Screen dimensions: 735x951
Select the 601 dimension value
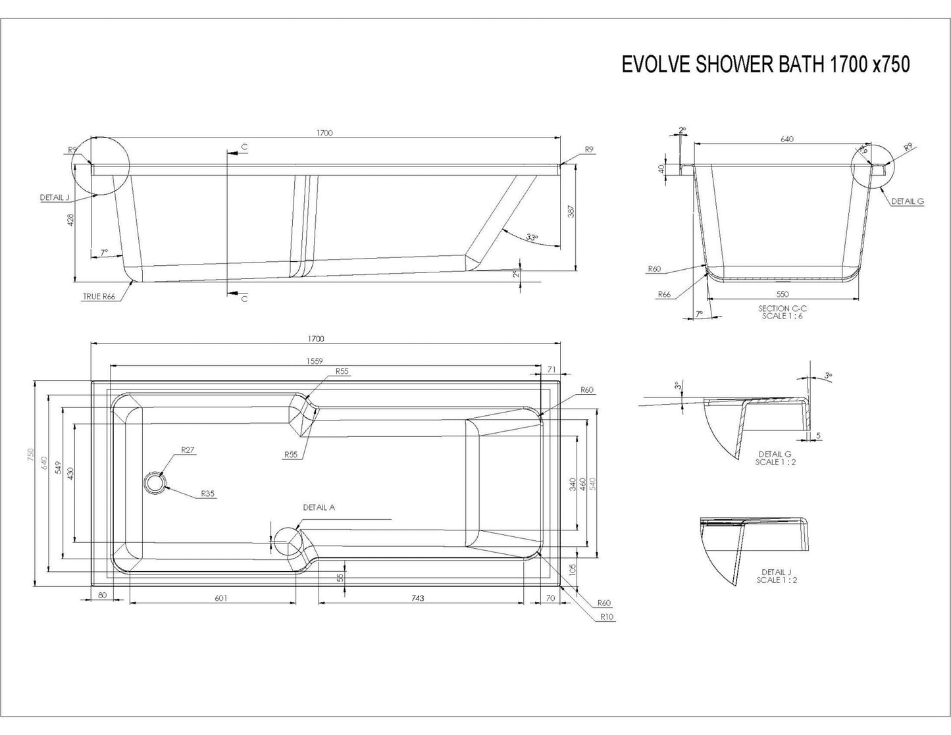(220, 598)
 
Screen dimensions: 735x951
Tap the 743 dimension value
(417, 598)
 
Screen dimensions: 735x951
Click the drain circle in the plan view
(156, 482)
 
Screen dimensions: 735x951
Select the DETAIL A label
(319, 507)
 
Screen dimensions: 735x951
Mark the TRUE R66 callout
(99, 297)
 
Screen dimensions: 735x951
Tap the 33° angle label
(532, 237)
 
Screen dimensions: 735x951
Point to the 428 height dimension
(71, 219)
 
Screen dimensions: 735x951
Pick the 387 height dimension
(571, 212)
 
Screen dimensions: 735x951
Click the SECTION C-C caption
(782, 308)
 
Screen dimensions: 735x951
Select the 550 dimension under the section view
(782, 294)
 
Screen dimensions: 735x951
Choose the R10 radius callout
(606, 617)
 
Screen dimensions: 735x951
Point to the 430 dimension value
(70, 473)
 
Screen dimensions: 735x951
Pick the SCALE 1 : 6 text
(782, 316)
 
